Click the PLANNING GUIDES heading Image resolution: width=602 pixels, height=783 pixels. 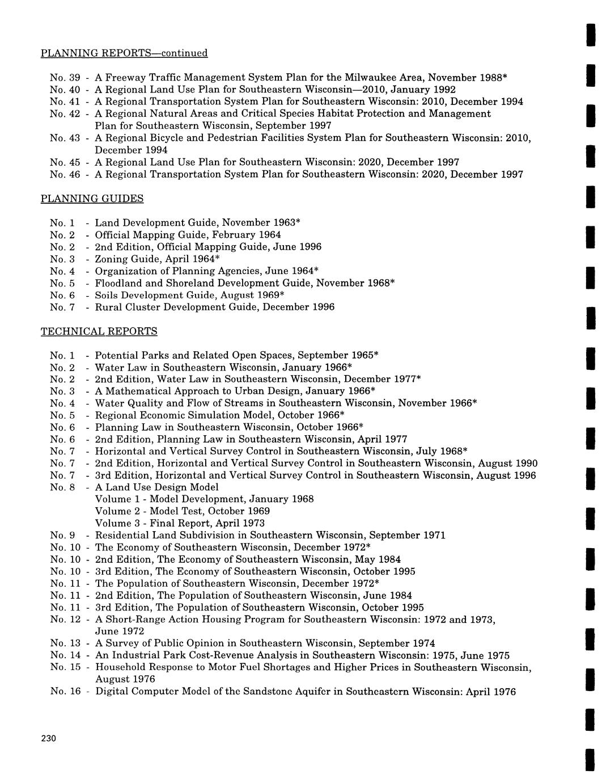92,199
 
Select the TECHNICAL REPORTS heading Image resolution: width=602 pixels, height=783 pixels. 99,331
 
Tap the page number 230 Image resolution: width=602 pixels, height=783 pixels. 48,738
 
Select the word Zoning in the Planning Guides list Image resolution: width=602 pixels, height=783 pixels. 112,259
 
